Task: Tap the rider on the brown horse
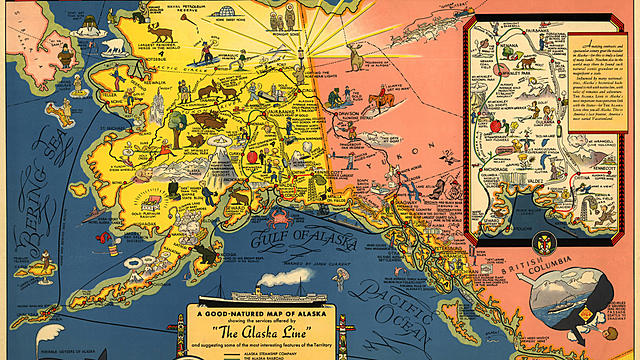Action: click(381, 100)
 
